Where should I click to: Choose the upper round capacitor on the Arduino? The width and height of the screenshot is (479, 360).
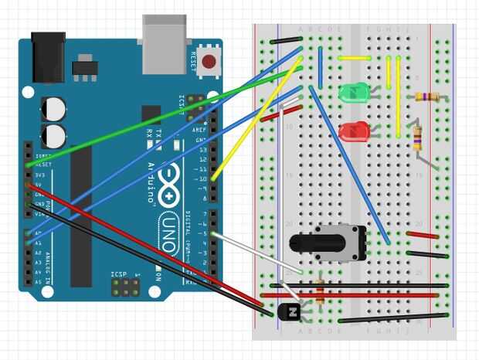click(x=55, y=107)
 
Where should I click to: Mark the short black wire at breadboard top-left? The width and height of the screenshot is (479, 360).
click(x=286, y=39)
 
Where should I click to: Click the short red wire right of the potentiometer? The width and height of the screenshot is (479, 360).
click(x=423, y=235)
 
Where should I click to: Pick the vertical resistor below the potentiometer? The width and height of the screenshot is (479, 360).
click(x=320, y=292)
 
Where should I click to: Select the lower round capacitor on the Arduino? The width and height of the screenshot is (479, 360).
click(x=55, y=136)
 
